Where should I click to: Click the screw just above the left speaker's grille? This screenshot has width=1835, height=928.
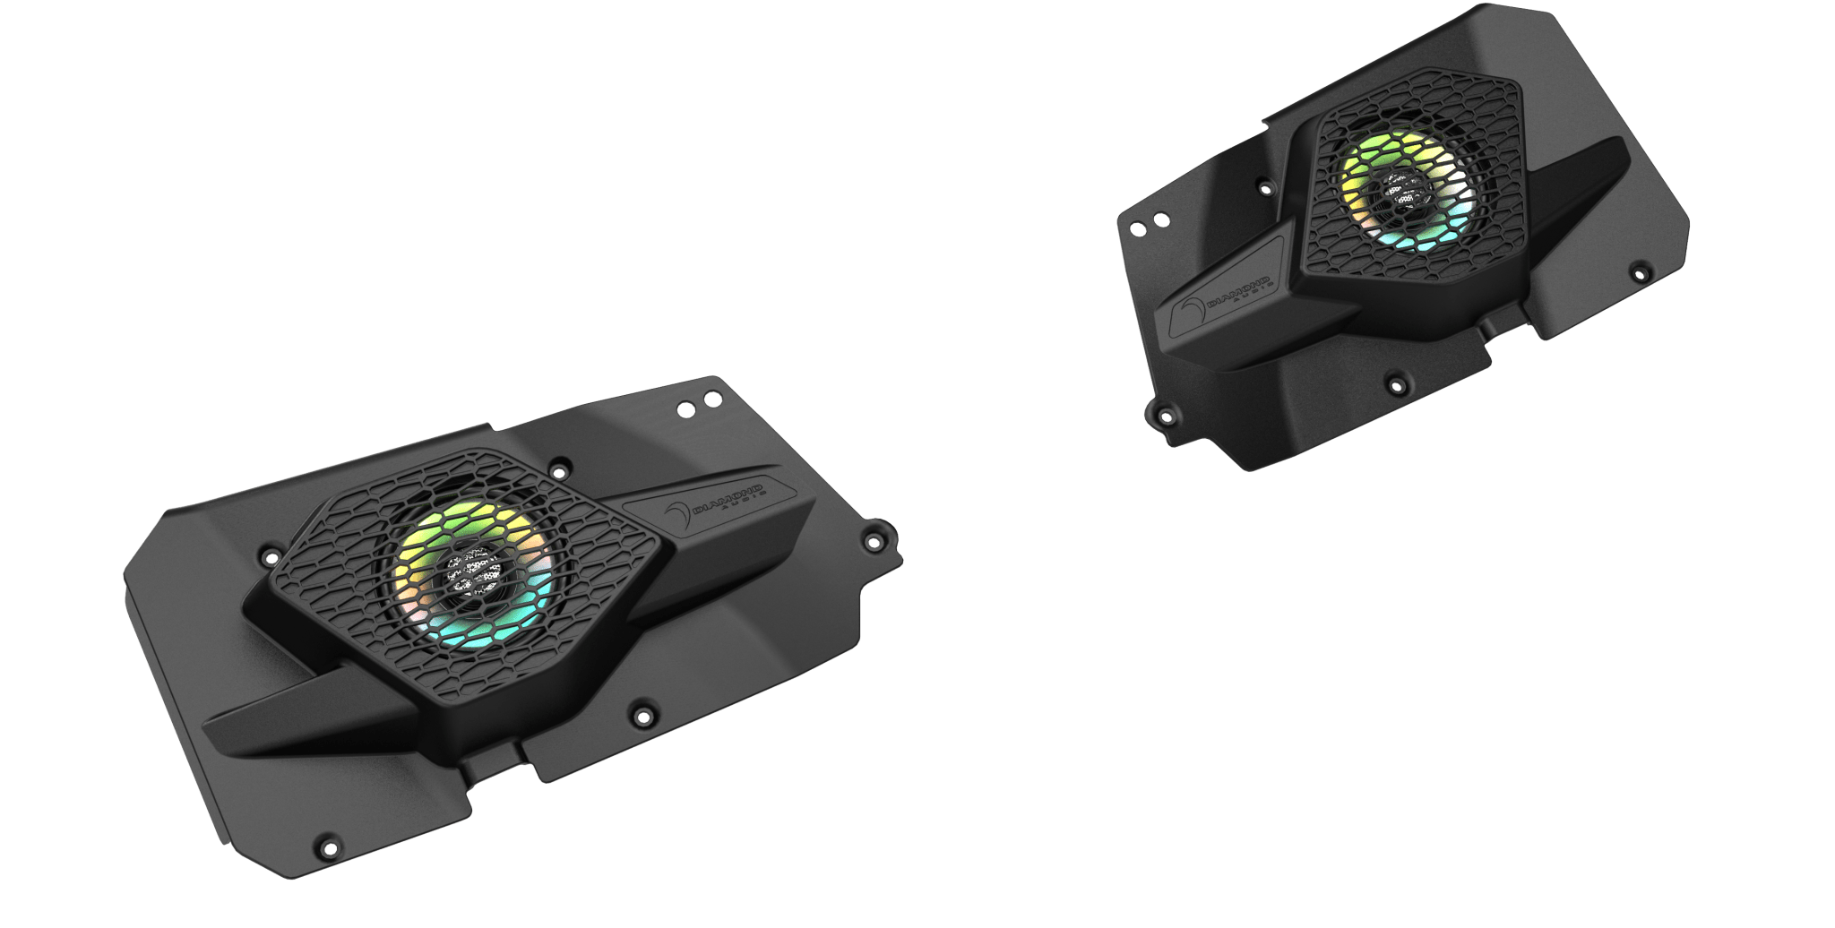[x=560, y=468]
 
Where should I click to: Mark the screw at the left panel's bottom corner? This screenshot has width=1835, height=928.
[x=325, y=843]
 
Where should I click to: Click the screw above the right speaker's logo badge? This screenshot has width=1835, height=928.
[x=1266, y=189]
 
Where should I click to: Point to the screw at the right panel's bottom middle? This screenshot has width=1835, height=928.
[x=1395, y=385]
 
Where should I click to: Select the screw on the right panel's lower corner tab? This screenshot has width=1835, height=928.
[x=1164, y=415]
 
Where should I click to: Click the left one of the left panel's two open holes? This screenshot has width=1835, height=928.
[x=685, y=408]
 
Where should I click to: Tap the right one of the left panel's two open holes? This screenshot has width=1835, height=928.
[x=711, y=398]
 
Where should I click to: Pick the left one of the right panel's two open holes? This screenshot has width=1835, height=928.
[x=1138, y=228]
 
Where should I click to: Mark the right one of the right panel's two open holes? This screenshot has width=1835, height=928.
[x=1160, y=219]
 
